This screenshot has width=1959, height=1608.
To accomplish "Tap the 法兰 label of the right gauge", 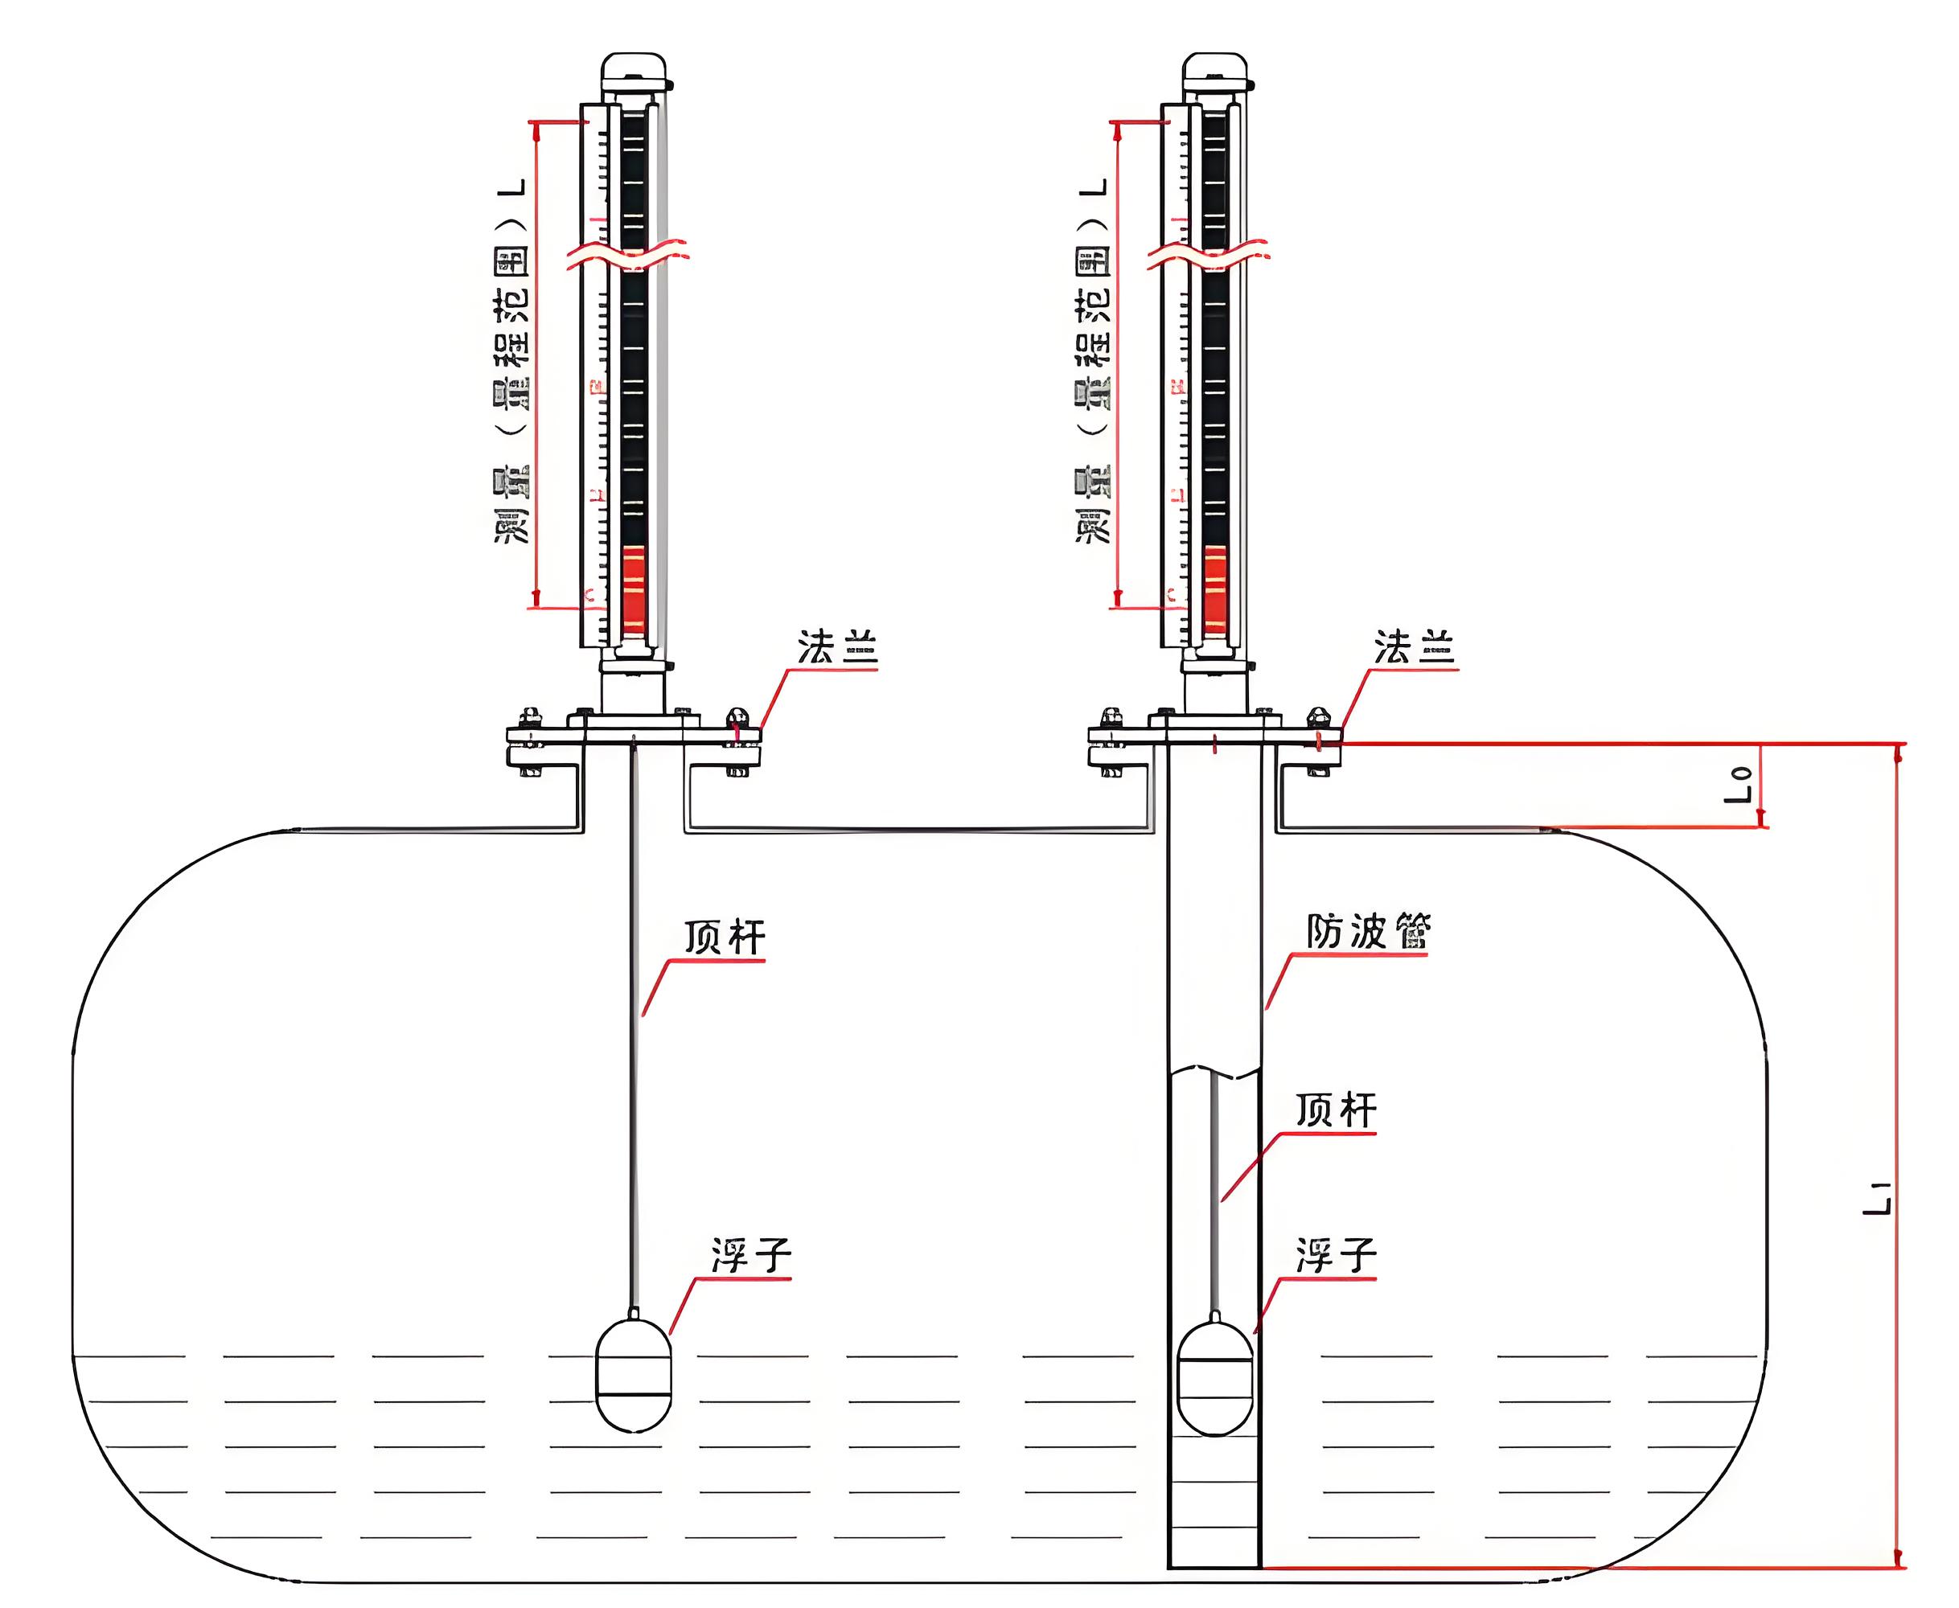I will [x=1415, y=647].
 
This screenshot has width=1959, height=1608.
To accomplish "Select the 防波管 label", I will [x=1368, y=931].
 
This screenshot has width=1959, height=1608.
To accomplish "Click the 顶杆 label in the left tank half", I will [x=725, y=937].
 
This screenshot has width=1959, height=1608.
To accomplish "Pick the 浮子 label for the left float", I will [x=751, y=1255].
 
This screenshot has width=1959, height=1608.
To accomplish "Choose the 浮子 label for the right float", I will [x=1336, y=1255].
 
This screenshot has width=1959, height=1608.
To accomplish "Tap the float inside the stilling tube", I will [x=1215, y=1376].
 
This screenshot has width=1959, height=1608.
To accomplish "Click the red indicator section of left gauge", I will [x=634, y=589].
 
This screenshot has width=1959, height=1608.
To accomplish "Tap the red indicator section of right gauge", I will [x=1215, y=589].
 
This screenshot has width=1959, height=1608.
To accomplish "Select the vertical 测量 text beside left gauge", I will [x=511, y=505].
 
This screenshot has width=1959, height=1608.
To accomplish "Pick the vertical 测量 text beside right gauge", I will [x=1093, y=505].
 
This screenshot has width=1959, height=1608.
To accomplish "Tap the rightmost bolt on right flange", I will [x=1317, y=718].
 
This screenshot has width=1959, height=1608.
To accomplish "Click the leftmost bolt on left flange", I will [x=530, y=718].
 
